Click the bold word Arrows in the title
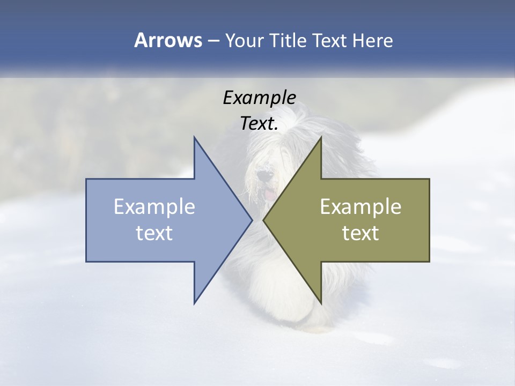click(x=168, y=40)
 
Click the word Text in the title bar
click(x=331, y=41)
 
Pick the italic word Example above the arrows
click(x=259, y=98)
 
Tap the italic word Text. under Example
click(x=259, y=124)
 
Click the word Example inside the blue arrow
click(x=154, y=207)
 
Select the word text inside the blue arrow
click(x=154, y=233)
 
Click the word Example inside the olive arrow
click(x=360, y=207)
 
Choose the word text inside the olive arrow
click(x=360, y=233)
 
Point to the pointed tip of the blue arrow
click(x=252, y=220)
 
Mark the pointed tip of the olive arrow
click(x=263, y=220)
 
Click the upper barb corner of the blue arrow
click(x=194, y=137)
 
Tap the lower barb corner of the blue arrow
click(x=194, y=303)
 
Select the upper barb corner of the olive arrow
click(x=321, y=137)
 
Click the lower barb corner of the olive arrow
click(x=321, y=303)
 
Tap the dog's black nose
click(x=262, y=175)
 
